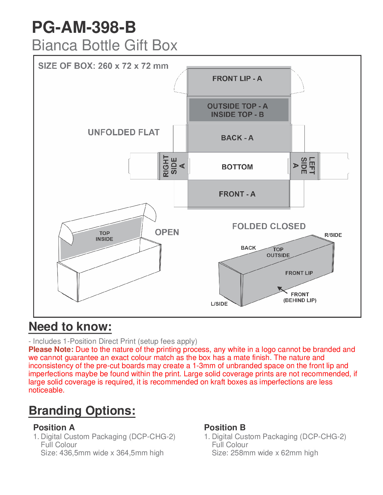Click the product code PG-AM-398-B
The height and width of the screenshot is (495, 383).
84,27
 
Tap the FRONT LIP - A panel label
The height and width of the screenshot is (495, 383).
237,79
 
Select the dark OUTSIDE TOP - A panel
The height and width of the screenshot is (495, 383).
238,110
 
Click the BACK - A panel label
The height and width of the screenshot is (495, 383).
237,138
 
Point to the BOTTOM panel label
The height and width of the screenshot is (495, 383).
237,167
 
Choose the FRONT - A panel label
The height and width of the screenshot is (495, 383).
237,194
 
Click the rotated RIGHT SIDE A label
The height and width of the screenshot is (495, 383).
174,166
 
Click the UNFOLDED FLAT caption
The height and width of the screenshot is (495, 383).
124,132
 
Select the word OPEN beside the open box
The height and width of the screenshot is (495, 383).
167,232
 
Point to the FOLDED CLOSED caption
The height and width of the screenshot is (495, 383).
269,226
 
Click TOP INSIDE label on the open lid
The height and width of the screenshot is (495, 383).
105,236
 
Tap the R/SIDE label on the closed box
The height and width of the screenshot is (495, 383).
333,235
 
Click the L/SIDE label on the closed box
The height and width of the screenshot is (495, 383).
219,304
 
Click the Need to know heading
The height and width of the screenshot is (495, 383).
70,327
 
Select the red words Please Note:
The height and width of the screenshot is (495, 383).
51,349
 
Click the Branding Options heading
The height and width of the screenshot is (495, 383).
82,411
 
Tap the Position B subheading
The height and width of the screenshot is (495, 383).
225,427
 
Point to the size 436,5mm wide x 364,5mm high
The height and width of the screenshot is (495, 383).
102,453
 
